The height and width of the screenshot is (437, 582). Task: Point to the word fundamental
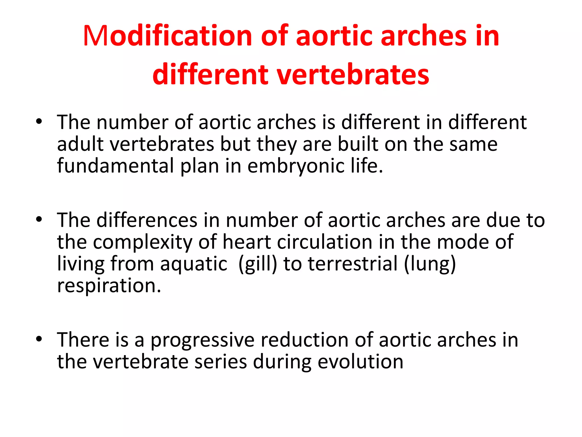115,166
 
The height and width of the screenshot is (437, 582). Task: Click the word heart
246,242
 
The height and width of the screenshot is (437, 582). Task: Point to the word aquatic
194,264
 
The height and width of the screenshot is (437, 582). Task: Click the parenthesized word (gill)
257,264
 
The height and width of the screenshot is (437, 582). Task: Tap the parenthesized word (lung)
430,264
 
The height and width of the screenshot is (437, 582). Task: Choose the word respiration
109,286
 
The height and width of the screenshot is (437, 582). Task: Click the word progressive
202,341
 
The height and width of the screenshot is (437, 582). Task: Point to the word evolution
360,362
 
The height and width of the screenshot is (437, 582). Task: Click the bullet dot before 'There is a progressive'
39,339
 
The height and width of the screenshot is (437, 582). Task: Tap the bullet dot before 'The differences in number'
39,219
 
